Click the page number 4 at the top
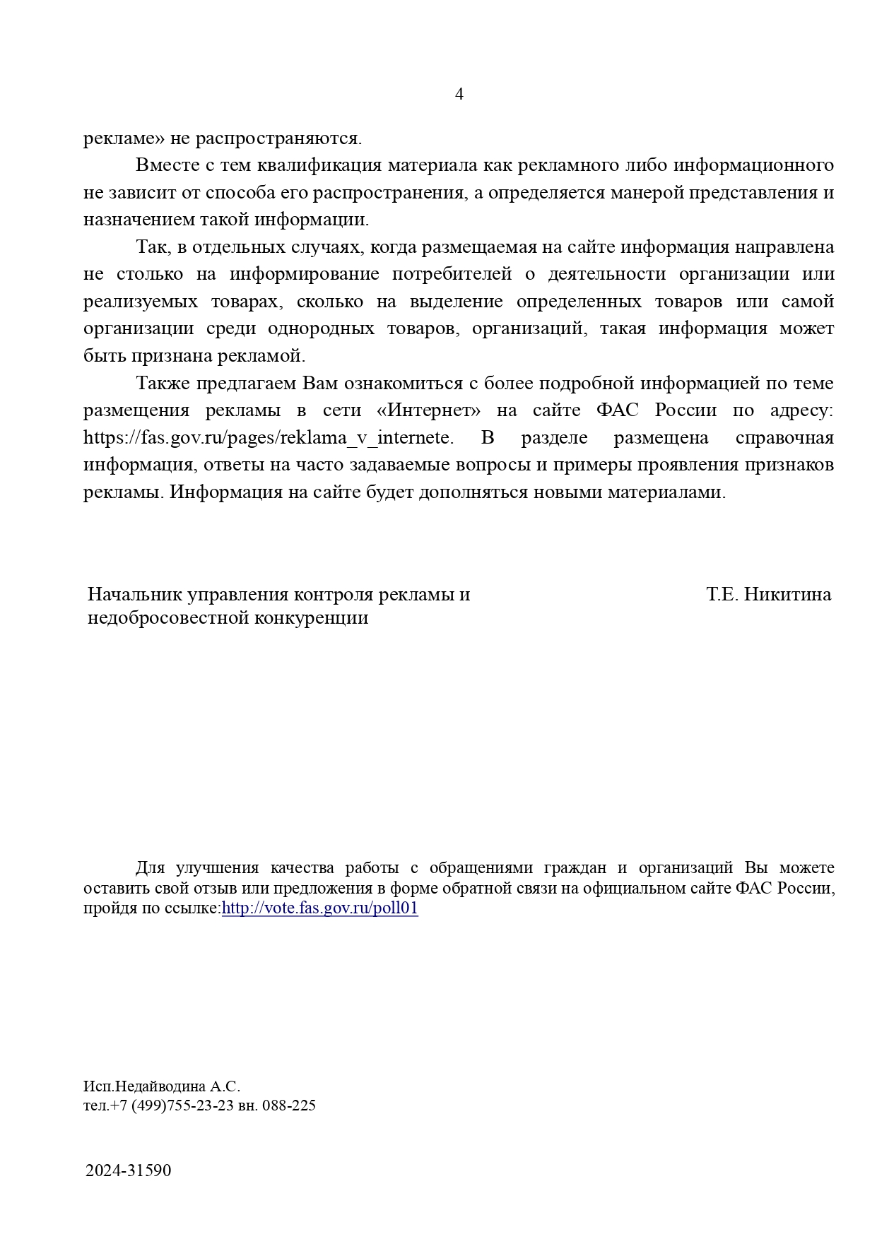point(459,94)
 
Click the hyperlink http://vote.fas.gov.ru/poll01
point(319,908)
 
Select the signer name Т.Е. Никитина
point(768,595)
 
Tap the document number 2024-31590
point(129,1170)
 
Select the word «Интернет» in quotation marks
point(423,410)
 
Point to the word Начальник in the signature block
point(135,595)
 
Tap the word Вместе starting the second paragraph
point(166,165)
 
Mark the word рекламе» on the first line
point(124,138)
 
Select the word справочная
point(784,438)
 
